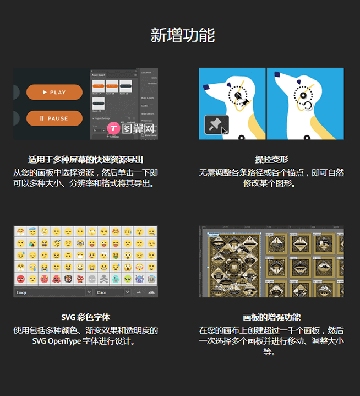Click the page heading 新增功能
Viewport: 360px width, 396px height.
click(182, 35)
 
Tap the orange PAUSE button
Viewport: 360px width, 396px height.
click(54, 118)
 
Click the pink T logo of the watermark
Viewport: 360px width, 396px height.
click(114, 128)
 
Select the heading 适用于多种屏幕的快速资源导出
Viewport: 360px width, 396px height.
click(85, 160)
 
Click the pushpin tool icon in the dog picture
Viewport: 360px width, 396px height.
click(216, 125)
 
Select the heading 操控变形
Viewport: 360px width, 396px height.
click(271, 160)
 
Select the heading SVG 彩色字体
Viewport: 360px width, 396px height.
click(85, 317)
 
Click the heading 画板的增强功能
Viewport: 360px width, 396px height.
click(271, 317)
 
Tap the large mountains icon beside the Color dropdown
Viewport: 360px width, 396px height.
click(151, 292)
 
